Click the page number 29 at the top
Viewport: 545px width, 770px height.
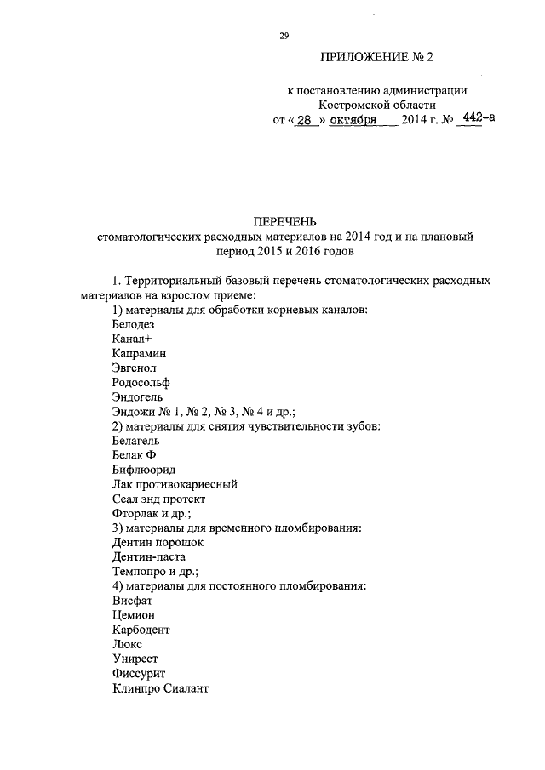(x=284, y=35)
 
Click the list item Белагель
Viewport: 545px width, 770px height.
(x=135, y=440)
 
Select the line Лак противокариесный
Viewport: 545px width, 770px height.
(x=174, y=483)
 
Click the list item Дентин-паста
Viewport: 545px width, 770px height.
(x=148, y=556)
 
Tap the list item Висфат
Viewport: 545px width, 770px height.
(x=132, y=600)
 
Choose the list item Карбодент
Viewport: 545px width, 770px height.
(x=141, y=629)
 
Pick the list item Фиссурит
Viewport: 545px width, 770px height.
(x=138, y=672)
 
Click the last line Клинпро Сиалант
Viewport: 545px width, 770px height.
(x=159, y=687)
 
